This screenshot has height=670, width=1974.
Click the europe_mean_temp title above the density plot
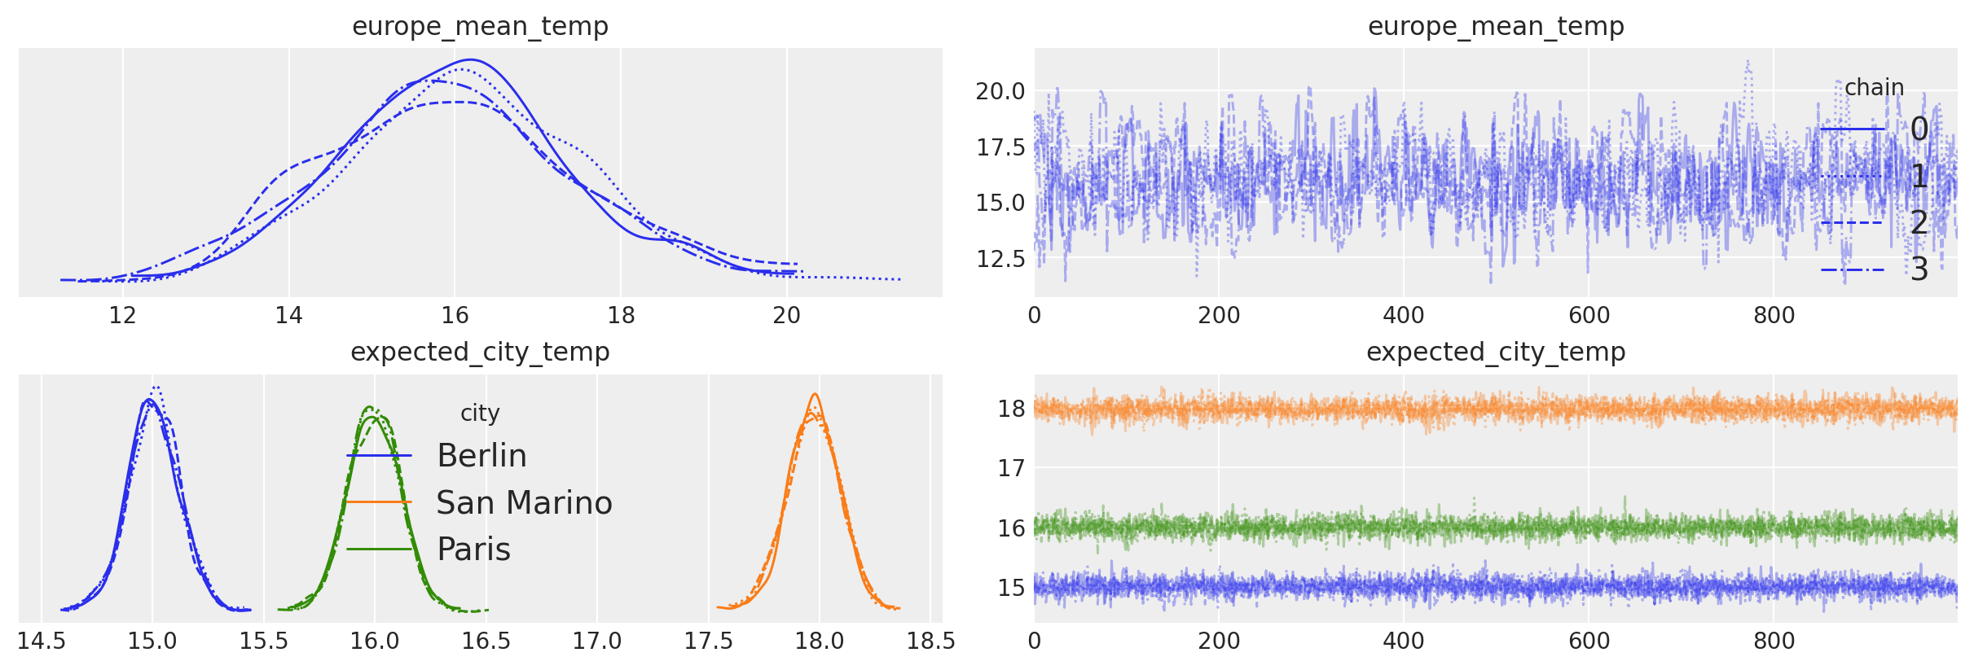point(480,26)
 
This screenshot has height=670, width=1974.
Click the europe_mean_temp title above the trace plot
point(1496,26)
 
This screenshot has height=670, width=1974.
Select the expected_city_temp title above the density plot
point(480,352)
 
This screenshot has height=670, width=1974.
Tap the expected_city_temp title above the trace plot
point(1496,352)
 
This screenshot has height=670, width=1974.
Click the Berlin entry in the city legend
point(481,456)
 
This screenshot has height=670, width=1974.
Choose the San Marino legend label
point(524,503)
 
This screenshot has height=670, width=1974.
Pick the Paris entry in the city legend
point(473,550)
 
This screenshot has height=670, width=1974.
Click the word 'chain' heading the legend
point(1874,87)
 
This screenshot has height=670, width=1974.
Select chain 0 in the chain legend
point(1919,129)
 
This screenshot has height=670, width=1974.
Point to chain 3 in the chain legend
point(1919,269)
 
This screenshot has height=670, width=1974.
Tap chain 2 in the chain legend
point(1919,222)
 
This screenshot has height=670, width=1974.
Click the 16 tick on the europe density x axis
point(455,315)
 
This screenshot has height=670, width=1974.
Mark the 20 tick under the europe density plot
point(786,315)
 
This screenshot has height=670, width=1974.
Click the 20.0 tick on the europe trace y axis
point(1000,91)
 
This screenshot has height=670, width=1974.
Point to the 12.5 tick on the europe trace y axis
point(1000,259)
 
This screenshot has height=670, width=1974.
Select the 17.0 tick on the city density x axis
point(596,642)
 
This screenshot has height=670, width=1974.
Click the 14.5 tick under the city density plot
point(42,642)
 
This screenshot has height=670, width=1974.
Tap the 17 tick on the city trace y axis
point(1011,468)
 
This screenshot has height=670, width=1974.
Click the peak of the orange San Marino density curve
point(814,395)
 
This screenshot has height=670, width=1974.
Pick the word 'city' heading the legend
point(480,413)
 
